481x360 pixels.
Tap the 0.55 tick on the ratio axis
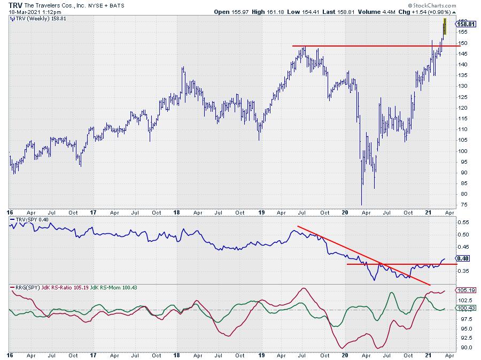[464, 221]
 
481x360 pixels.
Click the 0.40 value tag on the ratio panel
[466, 258]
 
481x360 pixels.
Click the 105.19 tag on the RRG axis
[467, 290]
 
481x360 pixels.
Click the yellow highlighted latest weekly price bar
[445, 26]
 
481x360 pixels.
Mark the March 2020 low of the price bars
[361, 204]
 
